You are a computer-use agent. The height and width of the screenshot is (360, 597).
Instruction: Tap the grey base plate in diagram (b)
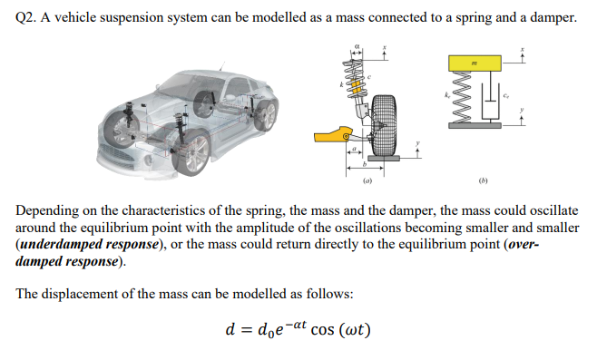pos(476,128)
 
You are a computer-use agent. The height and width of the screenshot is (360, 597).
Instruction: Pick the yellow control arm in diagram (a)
pos(332,137)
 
